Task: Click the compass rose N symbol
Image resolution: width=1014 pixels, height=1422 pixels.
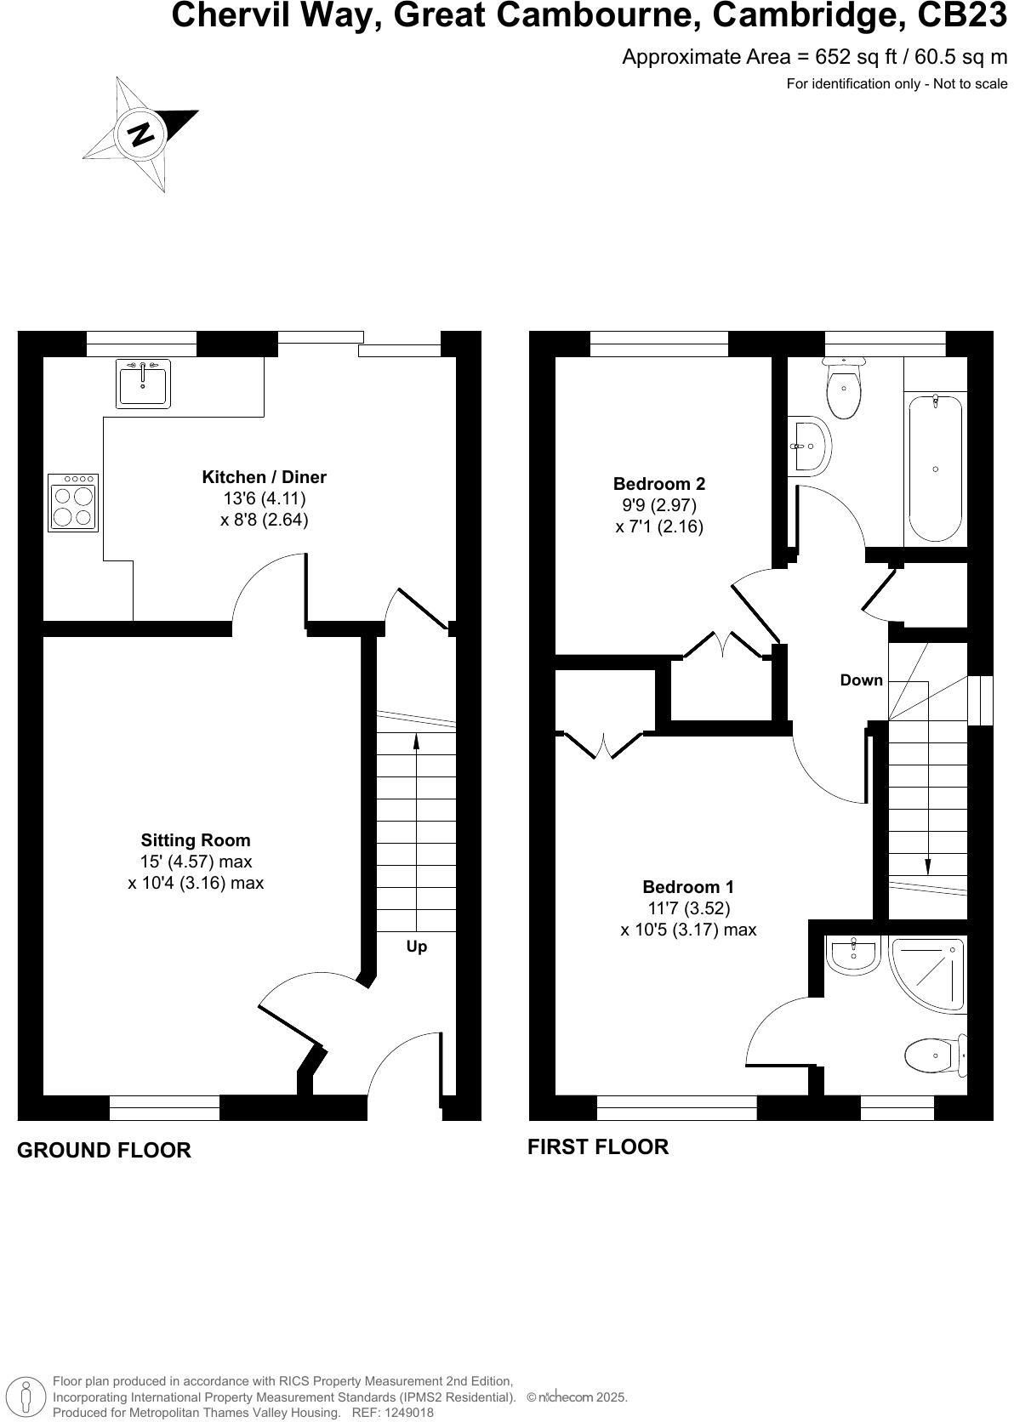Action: point(141,134)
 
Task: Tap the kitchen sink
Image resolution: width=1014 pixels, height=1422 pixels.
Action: point(143,383)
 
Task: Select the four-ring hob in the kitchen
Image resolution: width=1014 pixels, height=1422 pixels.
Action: point(73,503)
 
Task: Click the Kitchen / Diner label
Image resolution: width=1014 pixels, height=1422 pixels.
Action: point(264,477)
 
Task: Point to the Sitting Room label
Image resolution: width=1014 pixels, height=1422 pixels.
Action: point(196,840)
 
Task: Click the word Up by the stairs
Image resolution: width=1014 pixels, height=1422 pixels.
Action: point(416,947)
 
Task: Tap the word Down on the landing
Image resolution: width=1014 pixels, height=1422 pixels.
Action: point(861,680)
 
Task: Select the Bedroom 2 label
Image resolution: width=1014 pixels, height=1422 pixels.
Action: point(658,484)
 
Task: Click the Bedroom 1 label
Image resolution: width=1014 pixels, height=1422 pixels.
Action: point(687,886)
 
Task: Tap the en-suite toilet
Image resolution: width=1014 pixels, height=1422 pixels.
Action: point(932,1055)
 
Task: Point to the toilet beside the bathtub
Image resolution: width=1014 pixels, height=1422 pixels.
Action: point(844,389)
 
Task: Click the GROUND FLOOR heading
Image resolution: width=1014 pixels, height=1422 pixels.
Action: point(104,1150)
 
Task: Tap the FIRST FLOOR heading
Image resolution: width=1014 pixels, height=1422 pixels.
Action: point(598,1146)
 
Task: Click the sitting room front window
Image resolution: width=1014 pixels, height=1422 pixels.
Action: point(164,1107)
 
